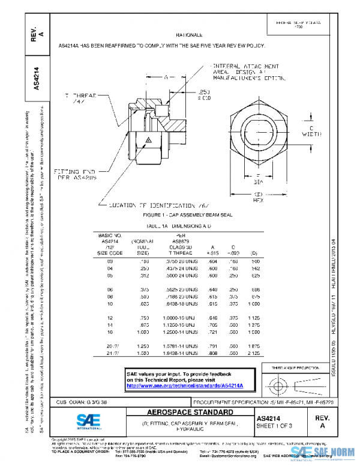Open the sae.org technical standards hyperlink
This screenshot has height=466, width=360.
[187, 385]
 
